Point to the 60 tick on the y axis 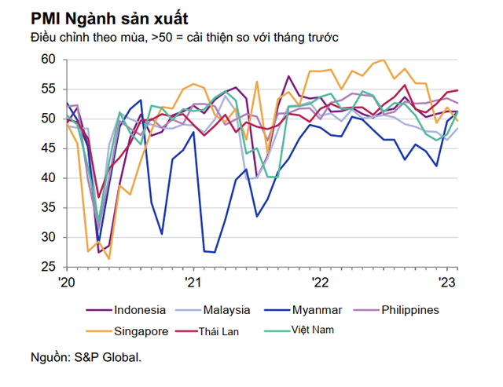pos(48,60)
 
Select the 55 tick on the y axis pos(48,89)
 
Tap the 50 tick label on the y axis pos(48,119)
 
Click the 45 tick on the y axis pos(48,148)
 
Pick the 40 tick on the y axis pos(48,178)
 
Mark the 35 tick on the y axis pos(48,208)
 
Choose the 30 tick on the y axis pos(48,237)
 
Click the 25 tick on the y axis pos(48,267)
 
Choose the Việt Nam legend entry pos(314,329)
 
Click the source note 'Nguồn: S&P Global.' pos(87,358)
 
